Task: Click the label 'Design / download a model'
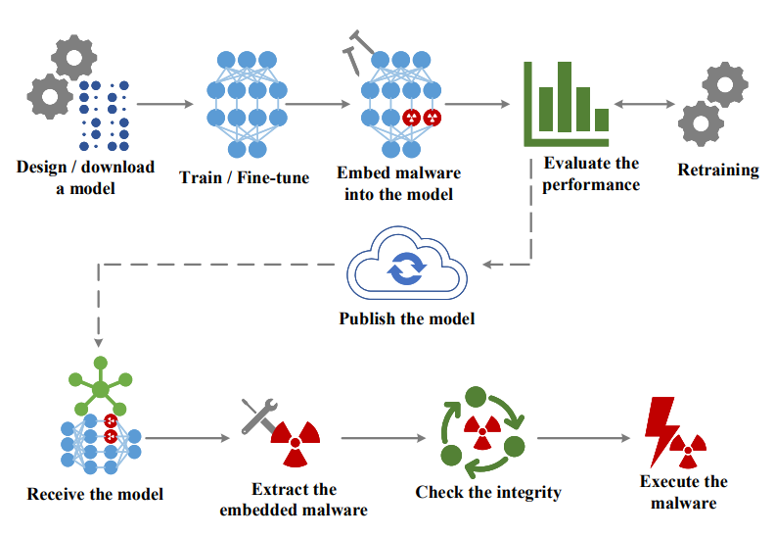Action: pyautogui.click(x=85, y=176)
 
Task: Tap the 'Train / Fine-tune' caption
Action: pyautogui.click(x=244, y=177)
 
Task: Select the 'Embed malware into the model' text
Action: pyautogui.click(x=398, y=183)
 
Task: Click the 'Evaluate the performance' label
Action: pyautogui.click(x=591, y=173)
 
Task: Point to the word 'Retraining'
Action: pyautogui.click(x=718, y=170)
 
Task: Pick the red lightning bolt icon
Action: pyautogui.click(x=658, y=432)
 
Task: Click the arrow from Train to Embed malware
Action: pyautogui.click(x=315, y=103)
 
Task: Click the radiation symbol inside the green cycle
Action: pyautogui.click(x=482, y=428)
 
